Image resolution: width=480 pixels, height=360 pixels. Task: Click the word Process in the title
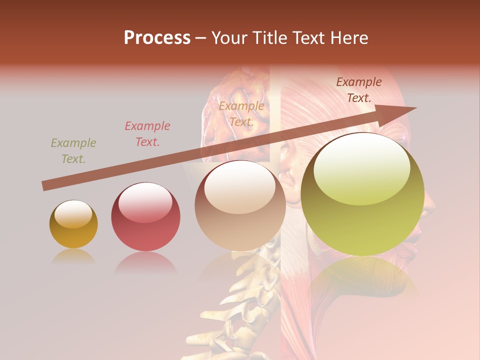tap(157, 38)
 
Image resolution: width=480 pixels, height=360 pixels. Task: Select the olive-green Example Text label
tap(73, 151)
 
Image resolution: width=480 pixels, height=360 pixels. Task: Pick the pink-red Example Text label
tap(147, 134)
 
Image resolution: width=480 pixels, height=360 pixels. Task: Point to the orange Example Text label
tap(241, 114)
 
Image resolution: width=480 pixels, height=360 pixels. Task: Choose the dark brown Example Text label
tap(358, 90)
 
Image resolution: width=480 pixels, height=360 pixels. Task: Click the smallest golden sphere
tap(73, 224)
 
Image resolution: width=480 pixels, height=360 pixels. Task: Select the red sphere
tap(145, 216)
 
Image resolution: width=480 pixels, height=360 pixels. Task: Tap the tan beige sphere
tap(240, 205)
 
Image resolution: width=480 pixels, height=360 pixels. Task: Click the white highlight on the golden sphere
tap(73, 214)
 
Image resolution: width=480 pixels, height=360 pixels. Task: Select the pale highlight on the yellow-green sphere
tap(361, 167)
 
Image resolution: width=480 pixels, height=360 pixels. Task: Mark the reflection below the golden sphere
tap(73, 256)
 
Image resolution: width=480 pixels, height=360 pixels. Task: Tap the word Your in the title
tap(229, 38)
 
